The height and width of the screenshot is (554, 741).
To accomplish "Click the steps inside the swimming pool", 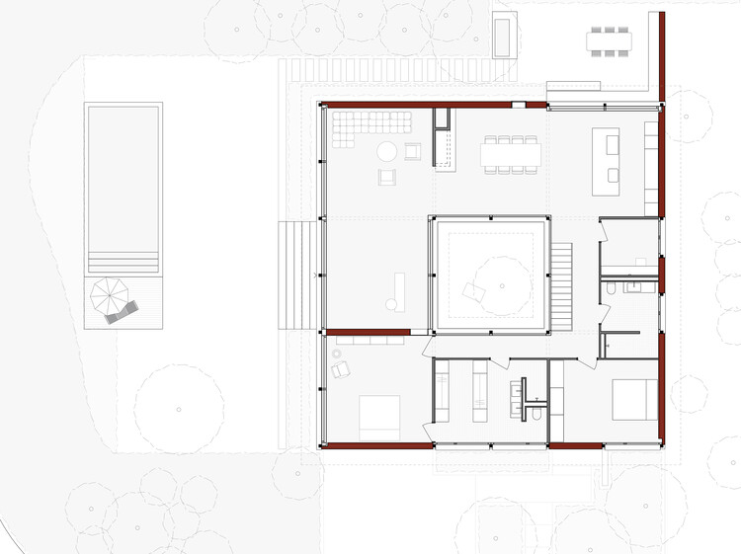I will click(x=123, y=263).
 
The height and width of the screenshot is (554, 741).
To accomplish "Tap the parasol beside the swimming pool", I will click(x=107, y=293).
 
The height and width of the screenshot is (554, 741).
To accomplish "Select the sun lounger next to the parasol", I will click(x=122, y=313).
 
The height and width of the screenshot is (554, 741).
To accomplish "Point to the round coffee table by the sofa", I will click(x=386, y=152).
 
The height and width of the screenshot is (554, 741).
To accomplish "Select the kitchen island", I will click(x=606, y=160).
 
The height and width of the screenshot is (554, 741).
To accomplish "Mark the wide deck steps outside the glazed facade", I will click(x=297, y=275).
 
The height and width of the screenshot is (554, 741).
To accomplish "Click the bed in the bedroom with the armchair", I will click(x=379, y=417).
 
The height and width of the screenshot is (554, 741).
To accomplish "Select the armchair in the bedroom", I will click(x=341, y=369).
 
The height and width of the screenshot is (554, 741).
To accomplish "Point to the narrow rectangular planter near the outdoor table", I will click(x=502, y=38).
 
